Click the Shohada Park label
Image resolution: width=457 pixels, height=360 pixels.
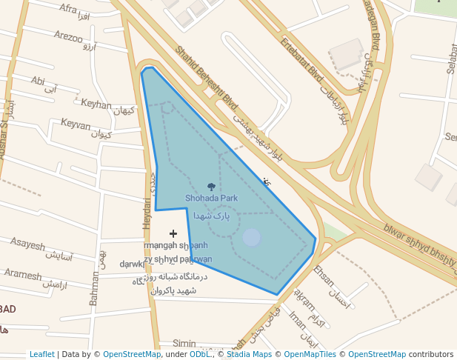(211, 199)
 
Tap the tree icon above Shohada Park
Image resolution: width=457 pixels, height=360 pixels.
(211, 187)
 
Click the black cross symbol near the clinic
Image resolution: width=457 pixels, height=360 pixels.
(173, 233)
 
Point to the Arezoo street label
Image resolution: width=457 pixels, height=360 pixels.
(68, 36)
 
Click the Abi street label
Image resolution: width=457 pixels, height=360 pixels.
(38, 80)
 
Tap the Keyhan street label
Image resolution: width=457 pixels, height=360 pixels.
(96, 104)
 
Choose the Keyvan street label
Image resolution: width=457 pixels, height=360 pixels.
(76, 124)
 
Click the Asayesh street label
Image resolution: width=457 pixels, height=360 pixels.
(27, 244)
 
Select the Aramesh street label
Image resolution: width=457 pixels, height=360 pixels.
(23, 274)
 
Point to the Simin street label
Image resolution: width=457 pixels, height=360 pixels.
(184, 344)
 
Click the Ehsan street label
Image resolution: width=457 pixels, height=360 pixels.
(324, 275)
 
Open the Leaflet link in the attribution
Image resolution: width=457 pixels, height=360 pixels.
(42, 354)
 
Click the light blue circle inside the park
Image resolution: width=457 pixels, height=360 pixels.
(252, 237)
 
